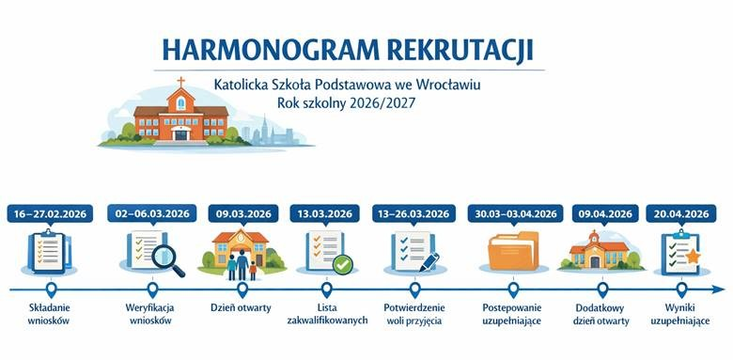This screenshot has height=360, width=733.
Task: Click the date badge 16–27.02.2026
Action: click(x=50, y=213)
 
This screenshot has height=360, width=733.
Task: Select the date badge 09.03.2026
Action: click(x=243, y=213)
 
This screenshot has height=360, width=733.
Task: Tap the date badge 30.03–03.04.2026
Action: click(x=516, y=213)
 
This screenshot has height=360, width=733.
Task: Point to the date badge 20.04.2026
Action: click(x=681, y=213)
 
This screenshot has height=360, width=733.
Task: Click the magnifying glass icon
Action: click(x=167, y=260)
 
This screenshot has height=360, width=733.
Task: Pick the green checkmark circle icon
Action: click(x=343, y=265)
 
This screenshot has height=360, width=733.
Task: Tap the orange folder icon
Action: click(x=513, y=251)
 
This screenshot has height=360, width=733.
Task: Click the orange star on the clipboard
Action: click(x=693, y=257)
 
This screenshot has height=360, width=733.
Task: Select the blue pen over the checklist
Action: click(x=429, y=262)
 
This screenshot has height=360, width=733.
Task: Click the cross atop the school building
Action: click(x=180, y=82)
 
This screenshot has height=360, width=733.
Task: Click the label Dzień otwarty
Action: click(x=241, y=308)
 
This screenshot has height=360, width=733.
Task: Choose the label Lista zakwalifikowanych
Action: click(x=327, y=314)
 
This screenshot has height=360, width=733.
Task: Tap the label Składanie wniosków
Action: click(x=49, y=314)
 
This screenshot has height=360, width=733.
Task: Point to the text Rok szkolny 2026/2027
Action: click(x=346, y=103)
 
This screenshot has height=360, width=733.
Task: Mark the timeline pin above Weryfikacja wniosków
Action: click(x=152, y=290)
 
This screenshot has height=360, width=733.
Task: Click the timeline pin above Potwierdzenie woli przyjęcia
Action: click(x=414, y=290)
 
